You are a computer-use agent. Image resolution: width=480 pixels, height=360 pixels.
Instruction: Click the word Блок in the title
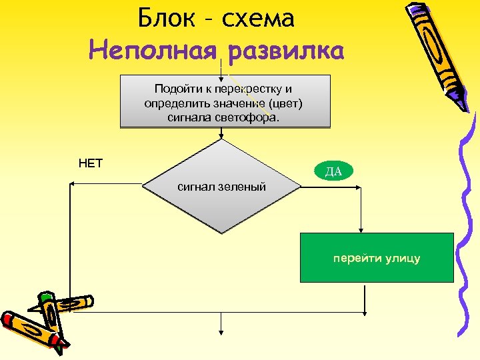point(164,19)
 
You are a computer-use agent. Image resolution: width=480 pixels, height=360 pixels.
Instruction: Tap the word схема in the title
point(259,19)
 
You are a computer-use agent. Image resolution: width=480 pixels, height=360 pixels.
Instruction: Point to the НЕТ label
point(91,163)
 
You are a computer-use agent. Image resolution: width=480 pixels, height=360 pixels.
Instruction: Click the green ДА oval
point(333,171)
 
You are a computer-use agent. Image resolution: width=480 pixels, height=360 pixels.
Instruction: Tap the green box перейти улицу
point(377,258)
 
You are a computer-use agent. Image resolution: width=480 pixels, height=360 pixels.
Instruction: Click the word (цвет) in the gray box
point(290,103)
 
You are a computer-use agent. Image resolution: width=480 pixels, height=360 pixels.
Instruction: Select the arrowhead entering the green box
point(361,229)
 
